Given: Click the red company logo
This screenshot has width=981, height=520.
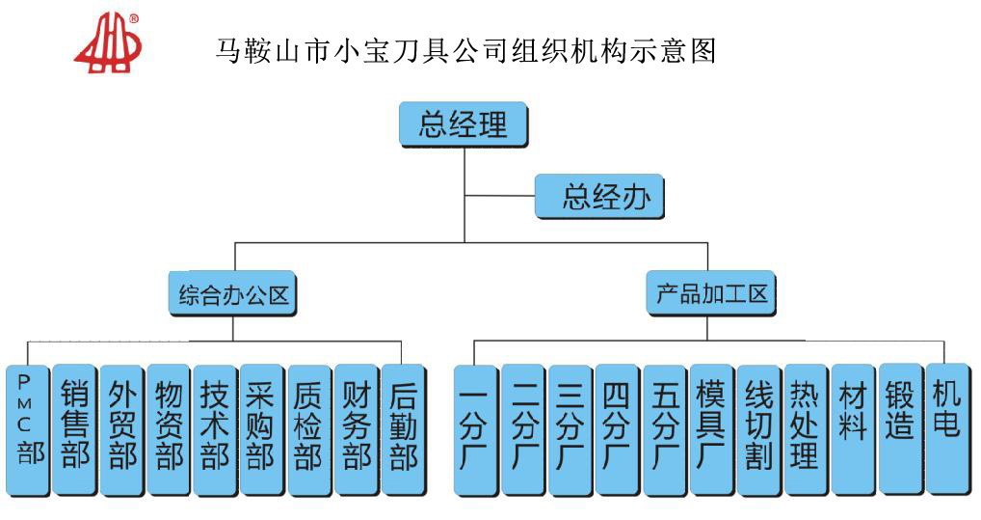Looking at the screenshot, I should tap(107, 43).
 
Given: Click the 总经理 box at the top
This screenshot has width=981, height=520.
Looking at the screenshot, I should tap(464, 124).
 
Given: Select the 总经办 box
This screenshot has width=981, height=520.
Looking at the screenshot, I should tap(600, 198).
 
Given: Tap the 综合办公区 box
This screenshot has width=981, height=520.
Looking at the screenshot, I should tap(233, 293).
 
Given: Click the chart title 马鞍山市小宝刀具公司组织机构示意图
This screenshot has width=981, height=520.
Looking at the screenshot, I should tap(465, 48).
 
